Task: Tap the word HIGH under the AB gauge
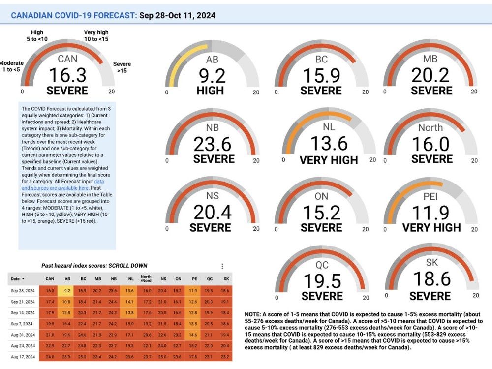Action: click(210, 91)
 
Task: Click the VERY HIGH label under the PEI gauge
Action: click(431, 227)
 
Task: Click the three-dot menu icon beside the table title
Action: click(222, 266)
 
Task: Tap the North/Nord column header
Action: click(146, 279)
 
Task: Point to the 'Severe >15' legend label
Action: click(122, 67)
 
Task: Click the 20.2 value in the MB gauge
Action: click(431, 76)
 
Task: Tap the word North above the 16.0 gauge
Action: click(430, 128)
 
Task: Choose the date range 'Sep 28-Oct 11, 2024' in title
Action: click(177, 16)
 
